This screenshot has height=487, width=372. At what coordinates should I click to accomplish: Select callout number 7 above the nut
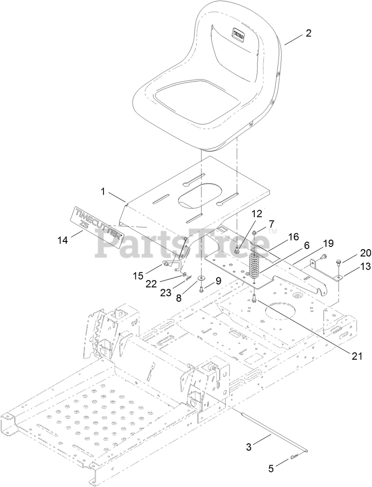click(x=271, y=224)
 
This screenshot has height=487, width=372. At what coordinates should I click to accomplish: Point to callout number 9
click(x=218, y=281)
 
